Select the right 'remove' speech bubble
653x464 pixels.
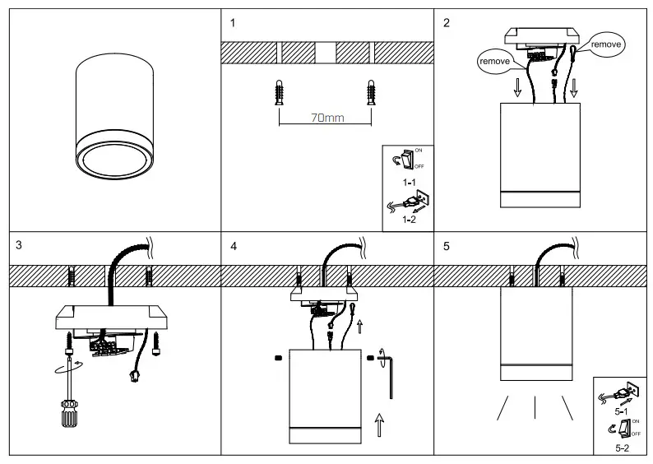(606, 42)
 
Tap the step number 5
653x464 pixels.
(447, 245)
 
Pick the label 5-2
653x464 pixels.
(623, 448)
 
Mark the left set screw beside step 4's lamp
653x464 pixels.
(279, 357)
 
